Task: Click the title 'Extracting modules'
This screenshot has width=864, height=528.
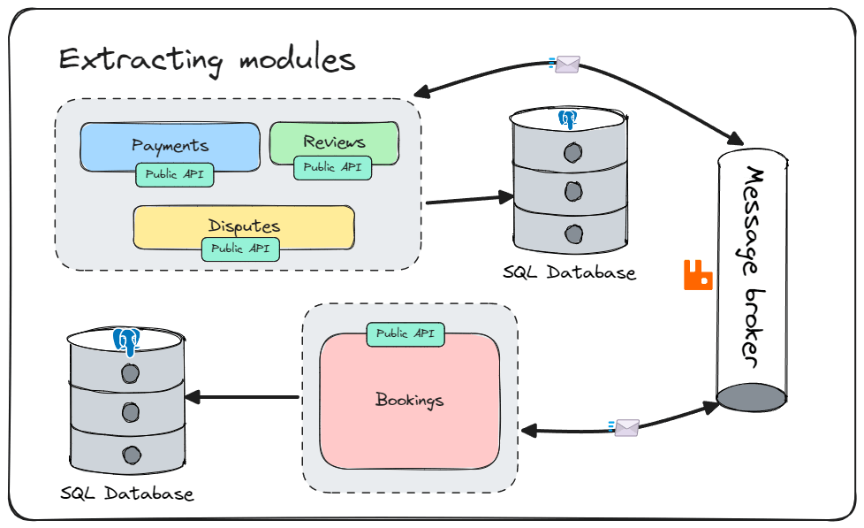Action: tap(207, 60)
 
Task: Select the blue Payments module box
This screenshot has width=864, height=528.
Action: tap(171, 146)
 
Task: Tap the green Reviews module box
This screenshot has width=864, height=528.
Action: tap(334, 143)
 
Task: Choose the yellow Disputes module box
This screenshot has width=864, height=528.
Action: tap(244, 226)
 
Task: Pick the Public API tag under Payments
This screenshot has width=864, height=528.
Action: tap(175, 174)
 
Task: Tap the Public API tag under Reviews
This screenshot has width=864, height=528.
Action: tap(332, 168)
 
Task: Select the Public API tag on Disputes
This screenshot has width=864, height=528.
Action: tap(240, 249)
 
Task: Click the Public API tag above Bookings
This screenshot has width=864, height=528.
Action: tap(405, 333)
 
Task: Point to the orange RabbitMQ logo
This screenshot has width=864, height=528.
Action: tap(698, 275)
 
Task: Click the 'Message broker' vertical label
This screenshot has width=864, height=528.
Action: tap(752, 267)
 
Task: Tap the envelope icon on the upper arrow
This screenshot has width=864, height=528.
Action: tap(566, 64)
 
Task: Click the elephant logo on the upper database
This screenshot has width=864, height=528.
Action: tap(567, 119)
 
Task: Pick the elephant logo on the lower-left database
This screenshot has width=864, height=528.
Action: tap(126, 341)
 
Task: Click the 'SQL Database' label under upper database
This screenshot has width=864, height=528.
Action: tap(569, 272)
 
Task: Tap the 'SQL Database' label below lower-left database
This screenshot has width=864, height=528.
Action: tap(126, 494)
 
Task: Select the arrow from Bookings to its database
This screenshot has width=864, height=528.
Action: tap(242, 397)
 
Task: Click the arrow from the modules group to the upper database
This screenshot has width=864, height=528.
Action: tap(470, 199)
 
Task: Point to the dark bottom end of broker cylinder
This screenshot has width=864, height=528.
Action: tap(751, 398)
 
